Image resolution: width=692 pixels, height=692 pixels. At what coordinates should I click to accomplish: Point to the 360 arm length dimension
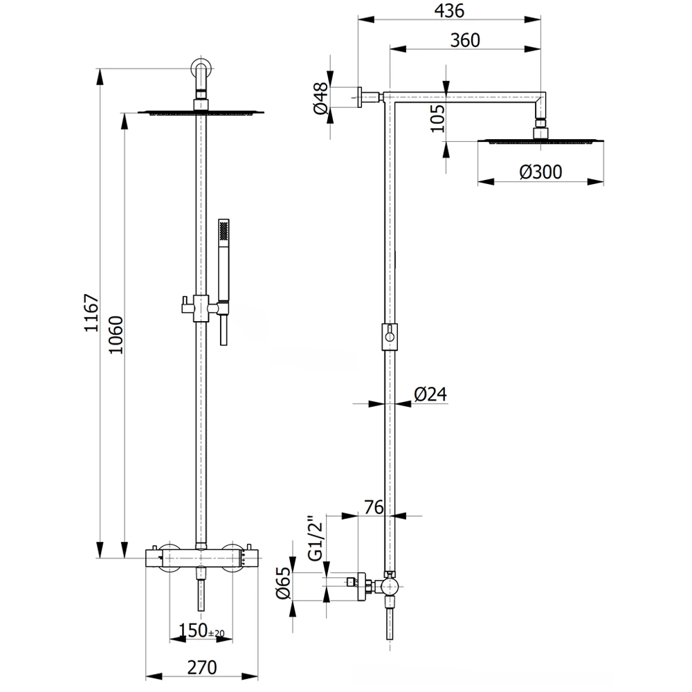click(x=465, y=40)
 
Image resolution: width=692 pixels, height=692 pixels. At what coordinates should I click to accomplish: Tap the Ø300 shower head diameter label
click(x=541, y=172)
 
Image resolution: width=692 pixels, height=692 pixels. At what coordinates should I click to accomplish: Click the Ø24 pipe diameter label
click(x=430, y=394)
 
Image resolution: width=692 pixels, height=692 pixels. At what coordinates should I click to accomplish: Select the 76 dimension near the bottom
click(x=374, y=507)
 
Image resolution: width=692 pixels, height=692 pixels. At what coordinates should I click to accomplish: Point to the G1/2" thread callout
click(x=315, y=538)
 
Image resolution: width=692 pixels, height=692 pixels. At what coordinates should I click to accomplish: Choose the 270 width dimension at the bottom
click(x=201, y=667)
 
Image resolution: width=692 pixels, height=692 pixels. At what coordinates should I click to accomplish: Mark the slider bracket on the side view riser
click(x=390, y=336)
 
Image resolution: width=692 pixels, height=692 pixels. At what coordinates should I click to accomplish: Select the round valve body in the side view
click(x=390, y=588)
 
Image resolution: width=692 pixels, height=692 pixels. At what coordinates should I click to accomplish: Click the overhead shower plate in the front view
click(x=201, y=111)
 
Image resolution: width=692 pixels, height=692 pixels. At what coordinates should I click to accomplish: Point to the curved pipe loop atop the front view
click(x=201, y=70)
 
